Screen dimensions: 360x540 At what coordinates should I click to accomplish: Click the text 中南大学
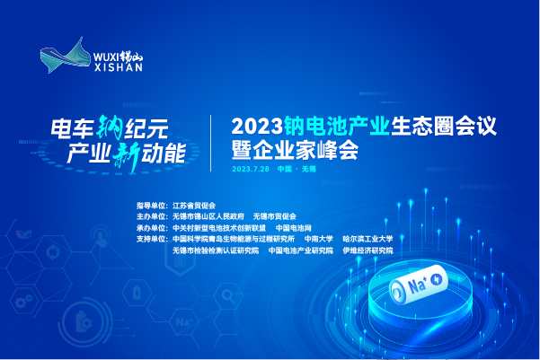click(x=319, y=239)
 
